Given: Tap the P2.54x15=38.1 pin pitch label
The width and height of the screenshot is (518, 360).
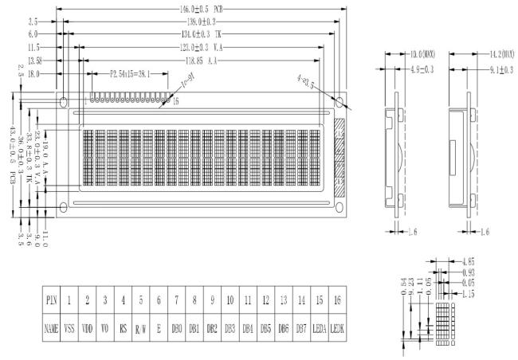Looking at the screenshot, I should pos(137,72).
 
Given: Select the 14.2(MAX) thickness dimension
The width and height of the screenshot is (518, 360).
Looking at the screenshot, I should pos(502,54).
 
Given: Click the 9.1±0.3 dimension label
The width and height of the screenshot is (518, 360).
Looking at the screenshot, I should pos(499,70).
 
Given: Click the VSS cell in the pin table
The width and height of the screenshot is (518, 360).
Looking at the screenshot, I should pos(69,327).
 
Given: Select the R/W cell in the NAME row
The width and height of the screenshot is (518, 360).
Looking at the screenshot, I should pos(140,327).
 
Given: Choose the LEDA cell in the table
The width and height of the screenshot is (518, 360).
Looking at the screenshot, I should pos(320,327).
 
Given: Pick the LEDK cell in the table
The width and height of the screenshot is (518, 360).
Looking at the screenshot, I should pos(339,327).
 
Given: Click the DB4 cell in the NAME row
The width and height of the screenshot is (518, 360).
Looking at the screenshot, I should pos(248,327).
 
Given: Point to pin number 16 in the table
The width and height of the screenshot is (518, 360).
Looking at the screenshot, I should pos(339,300).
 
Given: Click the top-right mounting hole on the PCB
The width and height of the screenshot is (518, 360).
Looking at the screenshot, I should pos(340,103).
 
